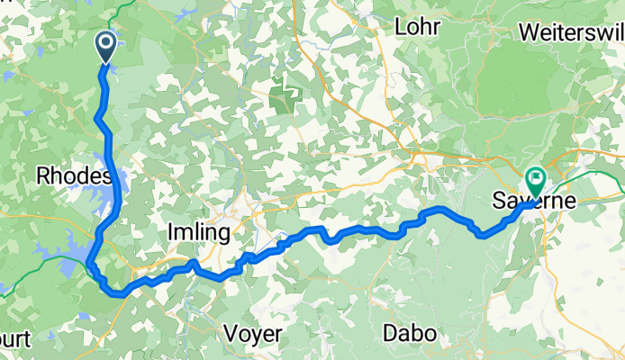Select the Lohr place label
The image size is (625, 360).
coord(418,27)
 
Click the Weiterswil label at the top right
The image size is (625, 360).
coord(571,31)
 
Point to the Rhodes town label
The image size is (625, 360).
coord(73,175)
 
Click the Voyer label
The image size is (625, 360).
coord(254,333)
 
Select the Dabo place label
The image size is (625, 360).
coord(410,333)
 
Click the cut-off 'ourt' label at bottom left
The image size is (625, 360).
coord(16,340)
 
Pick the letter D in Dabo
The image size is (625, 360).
coord(390,333)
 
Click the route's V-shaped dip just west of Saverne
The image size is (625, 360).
coord(484,236)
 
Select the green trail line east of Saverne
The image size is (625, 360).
coord(594,171)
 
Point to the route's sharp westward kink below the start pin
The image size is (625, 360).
coord(97,118)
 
